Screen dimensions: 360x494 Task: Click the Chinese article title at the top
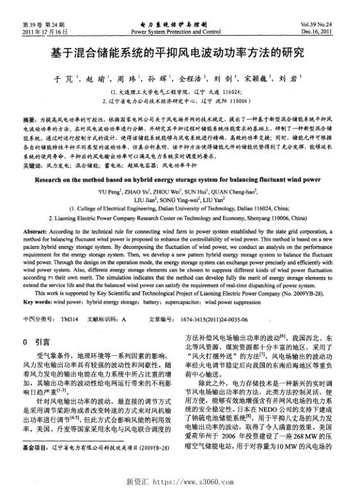point(180,52)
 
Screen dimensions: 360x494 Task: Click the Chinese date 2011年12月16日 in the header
point(44,31)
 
